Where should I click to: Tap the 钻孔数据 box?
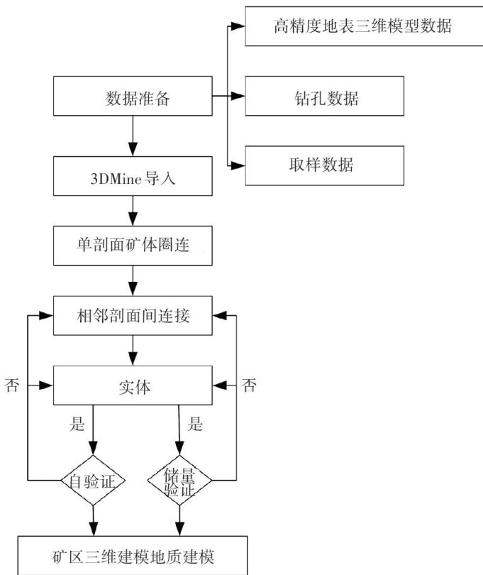[x=324, y=97]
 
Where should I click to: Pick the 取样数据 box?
[x=324, y=165]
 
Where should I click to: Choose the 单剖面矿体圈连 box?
[x=133, y=246]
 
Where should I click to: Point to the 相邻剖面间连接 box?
[x=133, y=315]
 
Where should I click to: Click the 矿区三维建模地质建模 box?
[x=133, y=556]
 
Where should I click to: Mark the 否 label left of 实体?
[x=12, y=385]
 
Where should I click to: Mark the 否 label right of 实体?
[x=250, y=385]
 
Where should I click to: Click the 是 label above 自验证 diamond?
[x=77, y=425]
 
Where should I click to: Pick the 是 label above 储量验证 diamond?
[x=194, y=425]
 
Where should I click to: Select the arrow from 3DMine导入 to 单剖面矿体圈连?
[x=133, y=212]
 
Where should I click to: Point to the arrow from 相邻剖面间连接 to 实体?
[x=133, y=351]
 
